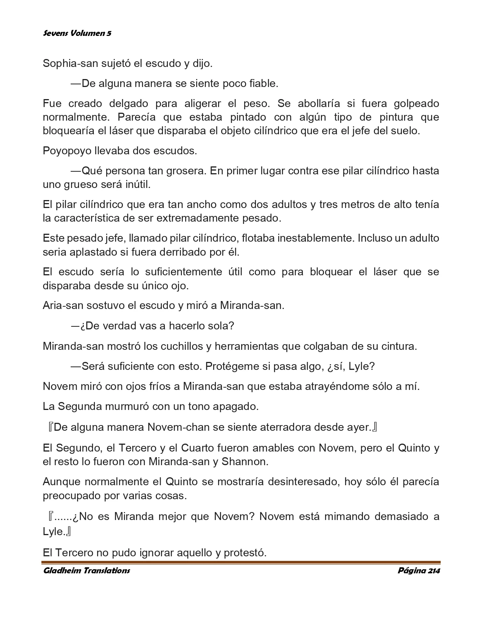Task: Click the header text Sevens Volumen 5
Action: coord(77,33)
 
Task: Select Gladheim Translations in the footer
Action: coord(87,571)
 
